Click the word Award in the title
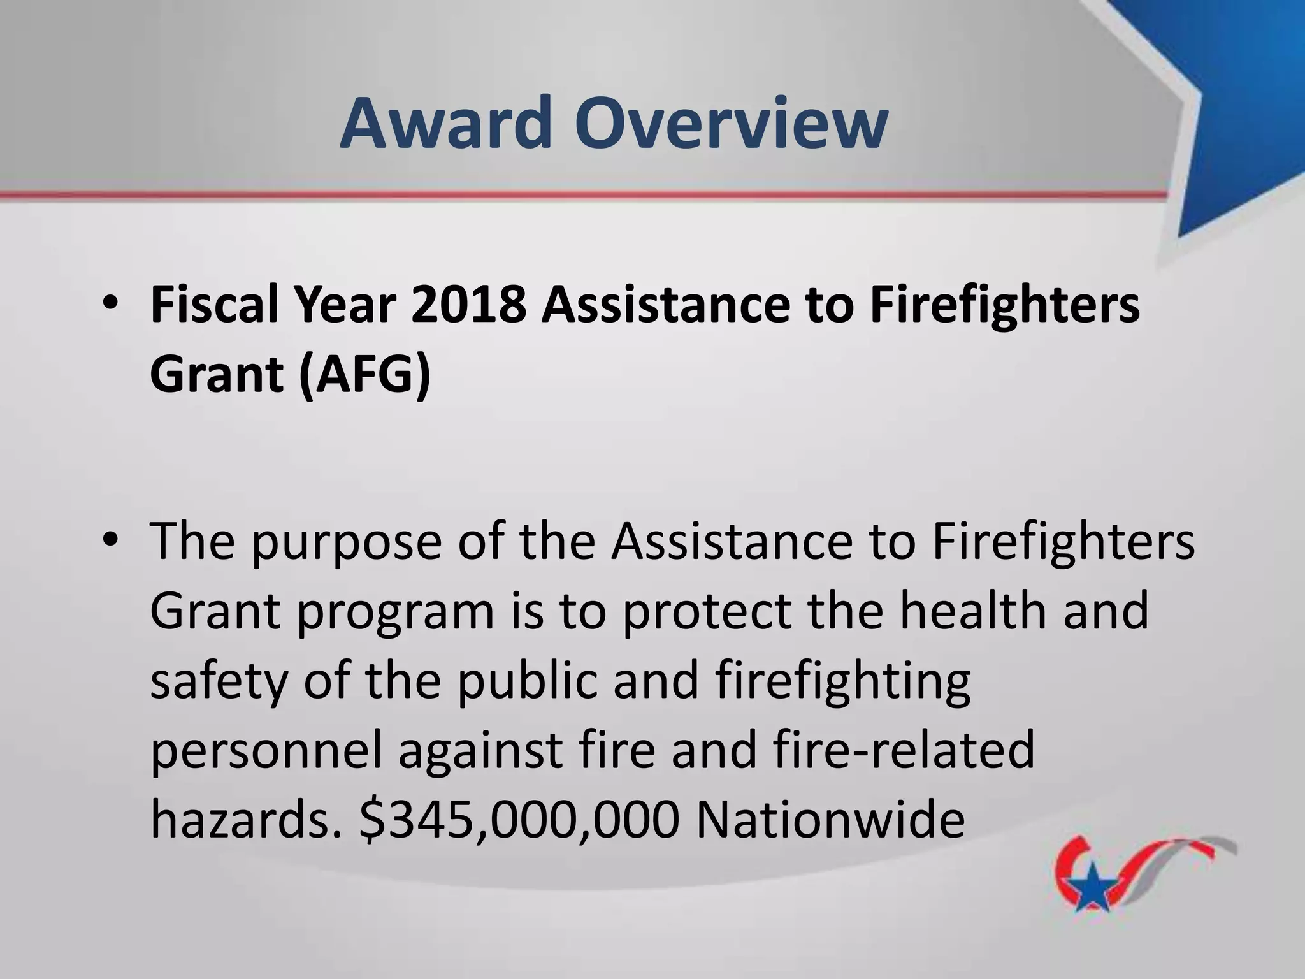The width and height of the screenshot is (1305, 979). [x=445, y=122]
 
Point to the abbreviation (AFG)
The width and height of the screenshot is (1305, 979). [x=364, y=374]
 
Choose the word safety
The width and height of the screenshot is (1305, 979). [x=219, y=681]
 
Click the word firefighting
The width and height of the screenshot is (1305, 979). [x=842, y=681]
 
